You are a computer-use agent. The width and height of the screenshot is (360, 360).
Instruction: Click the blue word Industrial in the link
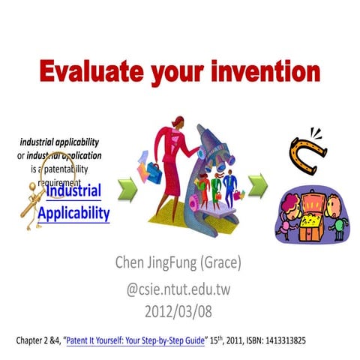coord(73,191)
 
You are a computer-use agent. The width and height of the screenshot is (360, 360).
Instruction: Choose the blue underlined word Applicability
coord(73,213)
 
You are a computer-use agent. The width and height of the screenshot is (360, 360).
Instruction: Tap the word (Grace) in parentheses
coord(244,262)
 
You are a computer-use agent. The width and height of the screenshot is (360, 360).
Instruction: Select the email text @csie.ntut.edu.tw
coord(179,286)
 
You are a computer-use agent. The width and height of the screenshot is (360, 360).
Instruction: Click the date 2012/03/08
coord(179,307)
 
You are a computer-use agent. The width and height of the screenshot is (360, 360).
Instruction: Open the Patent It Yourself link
coord(136,339)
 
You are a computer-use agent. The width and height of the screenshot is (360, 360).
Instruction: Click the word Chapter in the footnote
coord(31,339)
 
